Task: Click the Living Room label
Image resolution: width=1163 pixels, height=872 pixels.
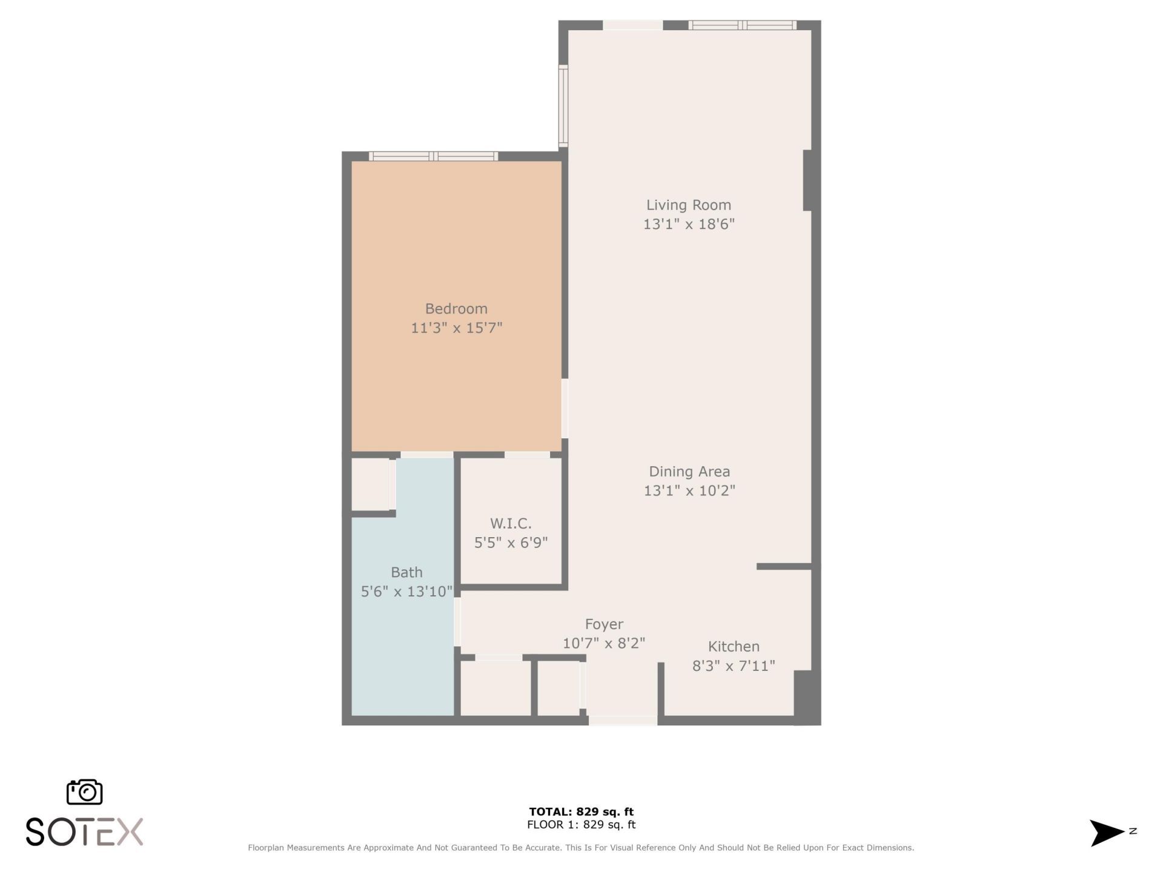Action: [x=689, y=205]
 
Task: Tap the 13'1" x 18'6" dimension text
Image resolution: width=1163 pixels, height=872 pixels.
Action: [x=689, y=225]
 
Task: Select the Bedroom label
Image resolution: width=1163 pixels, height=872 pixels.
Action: [x=456, y=309]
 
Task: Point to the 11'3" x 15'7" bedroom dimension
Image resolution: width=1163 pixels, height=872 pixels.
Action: [x=456, y=328]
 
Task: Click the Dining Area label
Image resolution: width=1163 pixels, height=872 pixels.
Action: [x=689, y=472]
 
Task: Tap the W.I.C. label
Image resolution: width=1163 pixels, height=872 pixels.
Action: [x=511, y=524]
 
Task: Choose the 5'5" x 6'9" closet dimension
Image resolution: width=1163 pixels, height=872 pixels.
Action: [x=511, y=543]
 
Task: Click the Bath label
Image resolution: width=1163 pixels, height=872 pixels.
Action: [x=406, y=572]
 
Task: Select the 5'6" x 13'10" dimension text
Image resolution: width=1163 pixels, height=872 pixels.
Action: [x=406, y=592]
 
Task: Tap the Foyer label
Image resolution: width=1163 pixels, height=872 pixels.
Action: [x=604, y=624]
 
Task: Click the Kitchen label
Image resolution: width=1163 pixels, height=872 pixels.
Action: [x=734, y=647]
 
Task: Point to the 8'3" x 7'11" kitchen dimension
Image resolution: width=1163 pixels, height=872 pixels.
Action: [x=734, y=666]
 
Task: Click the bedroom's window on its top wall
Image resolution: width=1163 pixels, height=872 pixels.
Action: [x=434, y=156]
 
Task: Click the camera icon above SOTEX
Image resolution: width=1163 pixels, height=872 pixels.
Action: [x=84, y=792]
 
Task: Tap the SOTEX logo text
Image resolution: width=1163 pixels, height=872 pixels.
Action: [x=84, y=832]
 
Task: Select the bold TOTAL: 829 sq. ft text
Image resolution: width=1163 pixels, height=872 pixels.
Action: [x=581, y=812]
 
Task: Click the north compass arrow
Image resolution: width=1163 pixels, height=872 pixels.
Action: [x=1107, y=833]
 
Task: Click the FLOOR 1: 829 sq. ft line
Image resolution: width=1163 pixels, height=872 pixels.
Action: [x=581, y=825]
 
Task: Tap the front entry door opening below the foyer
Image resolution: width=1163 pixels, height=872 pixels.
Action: [x=623, y=721]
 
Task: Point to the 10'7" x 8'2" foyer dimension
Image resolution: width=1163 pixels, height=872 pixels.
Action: [x=604, y=644]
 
